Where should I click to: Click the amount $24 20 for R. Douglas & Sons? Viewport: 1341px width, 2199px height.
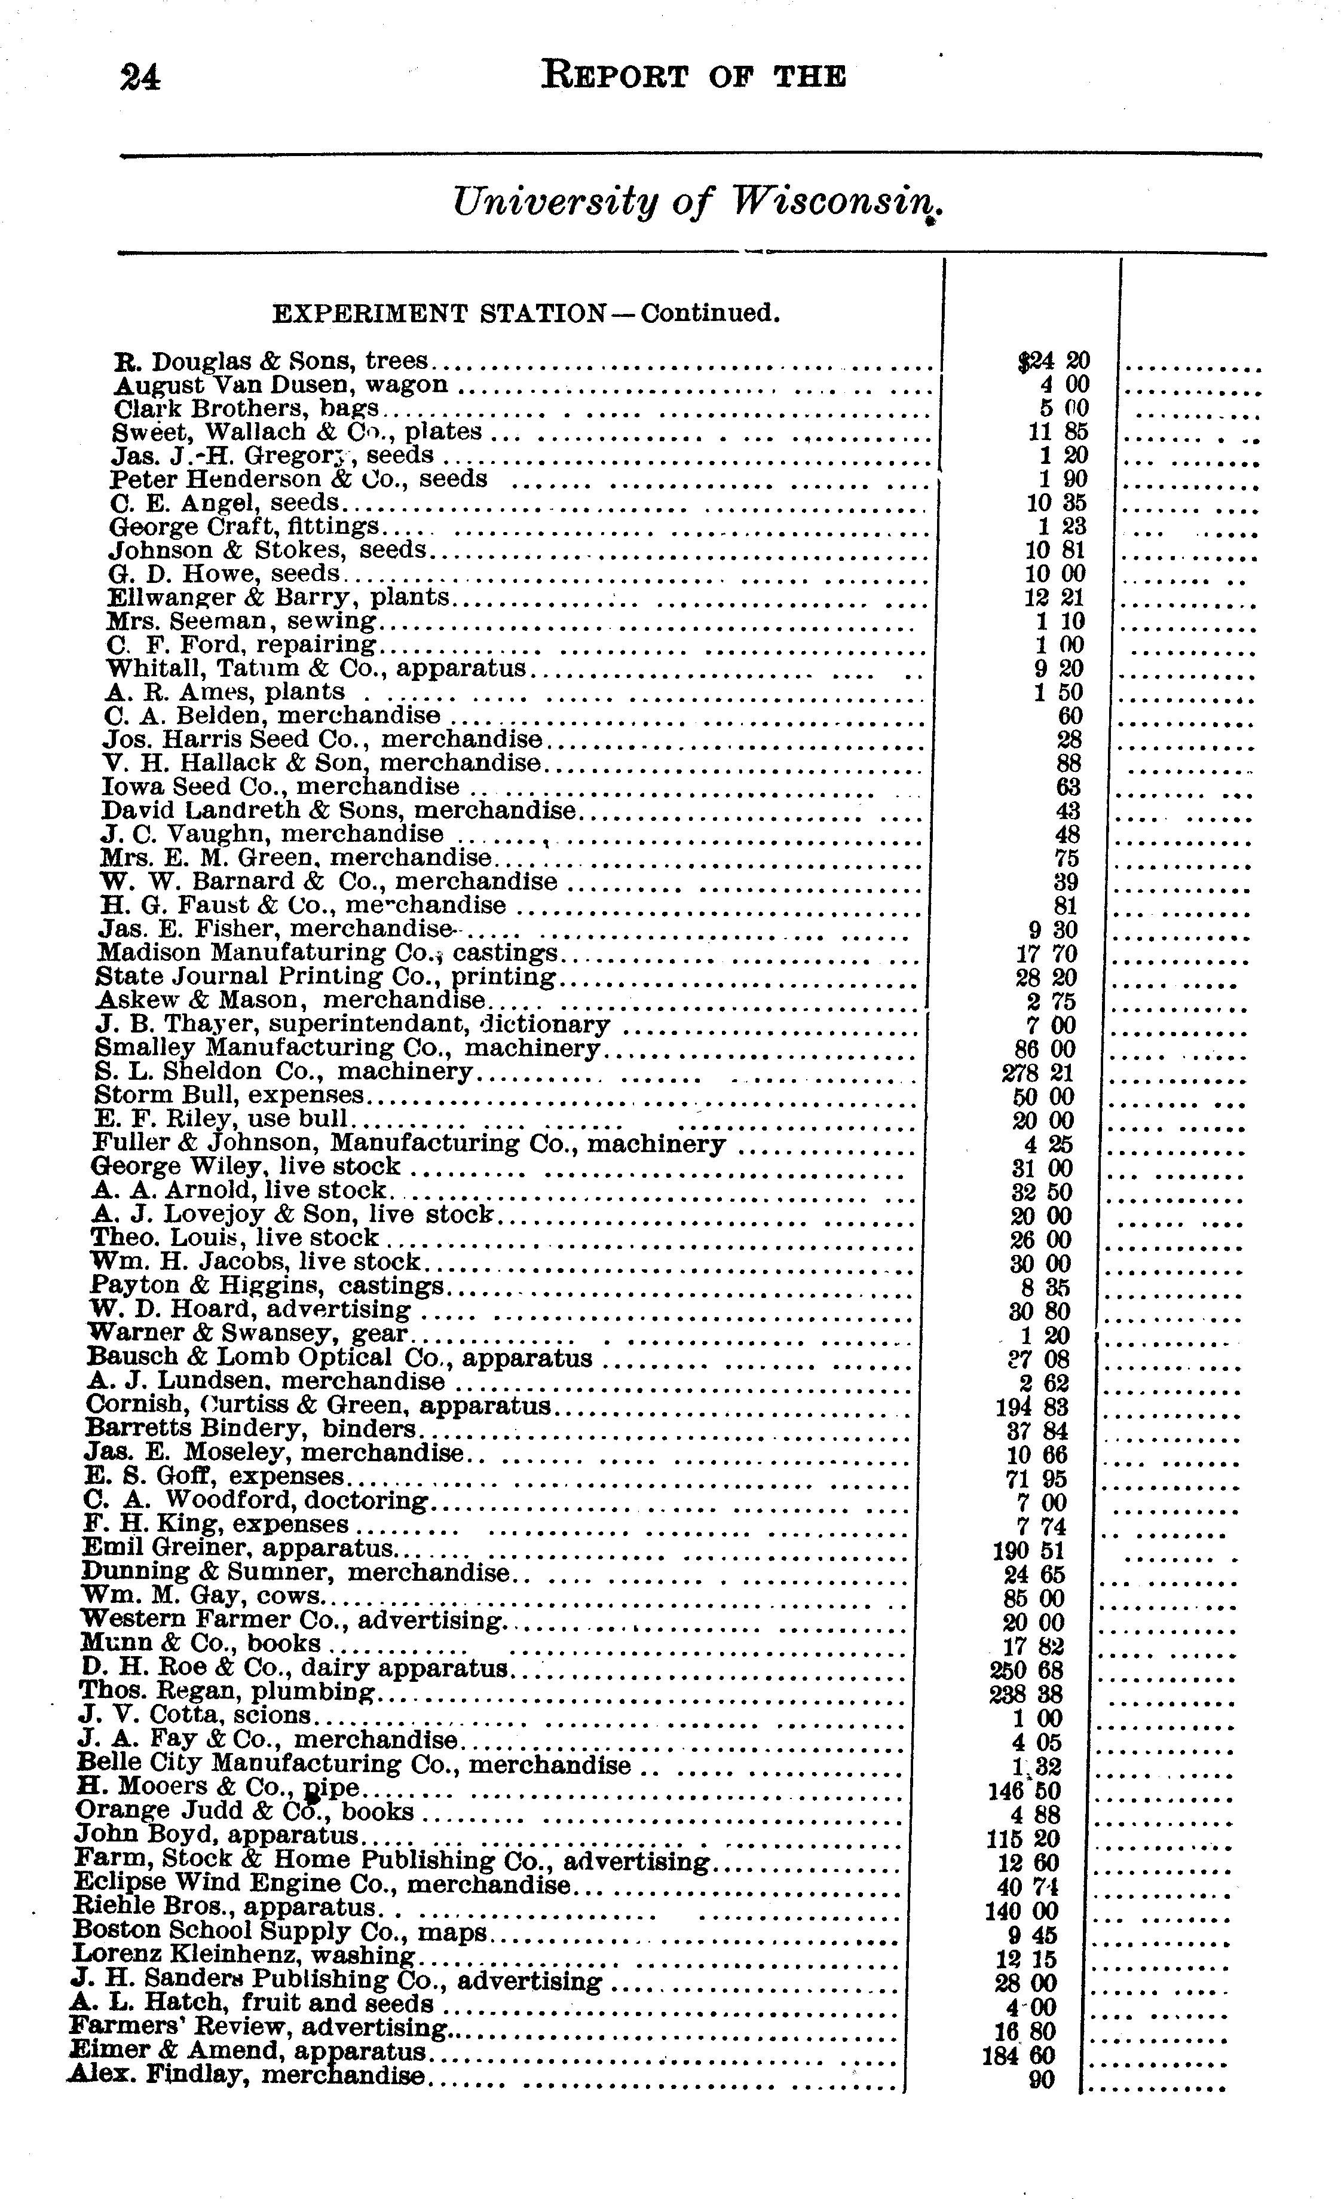point(1053,361)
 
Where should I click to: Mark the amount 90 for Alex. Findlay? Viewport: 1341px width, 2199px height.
point(1040,2079)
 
